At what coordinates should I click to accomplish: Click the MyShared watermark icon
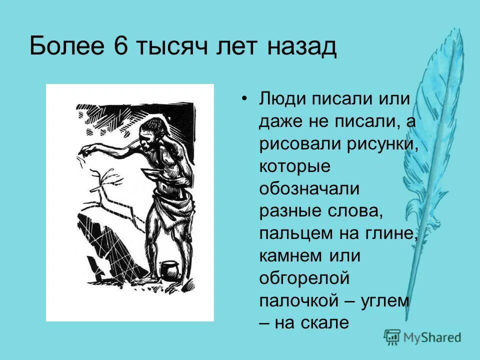392,337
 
